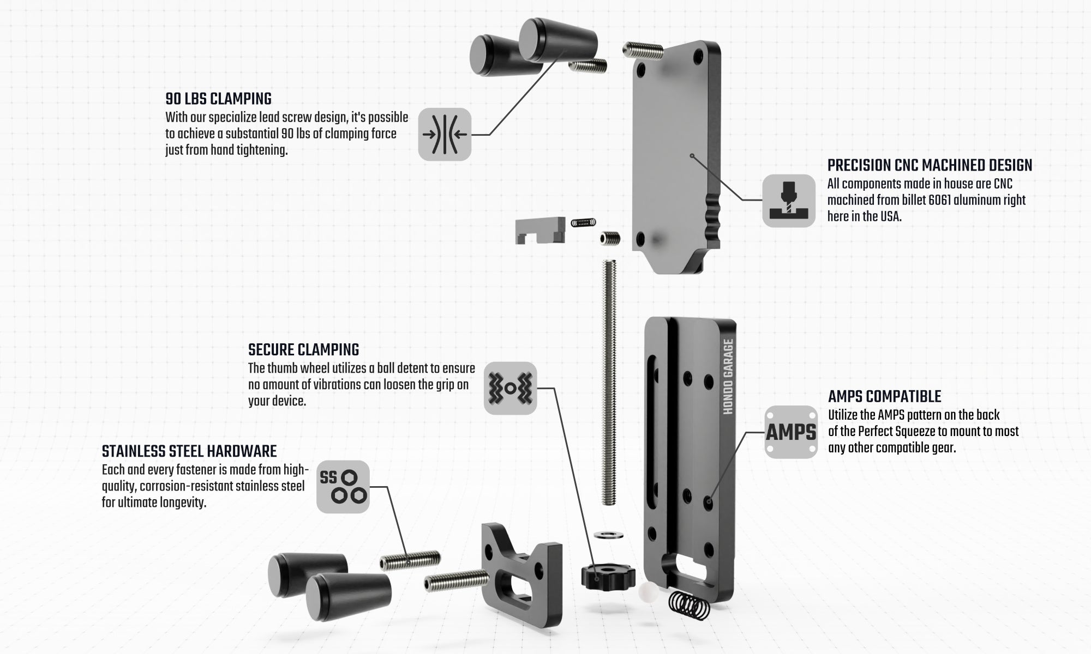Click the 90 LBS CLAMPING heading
click(218, 99)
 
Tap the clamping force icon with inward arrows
click(445, 134)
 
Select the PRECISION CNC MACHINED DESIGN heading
click(930, 166)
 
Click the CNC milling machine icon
click(788, 201)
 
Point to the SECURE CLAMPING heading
click(303, 350)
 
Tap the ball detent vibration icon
click(511, 388)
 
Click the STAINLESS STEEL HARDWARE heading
click(189, 452)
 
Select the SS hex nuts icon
click(343, 487)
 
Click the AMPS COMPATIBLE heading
click(884, 396)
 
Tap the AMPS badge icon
click(791, 432)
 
